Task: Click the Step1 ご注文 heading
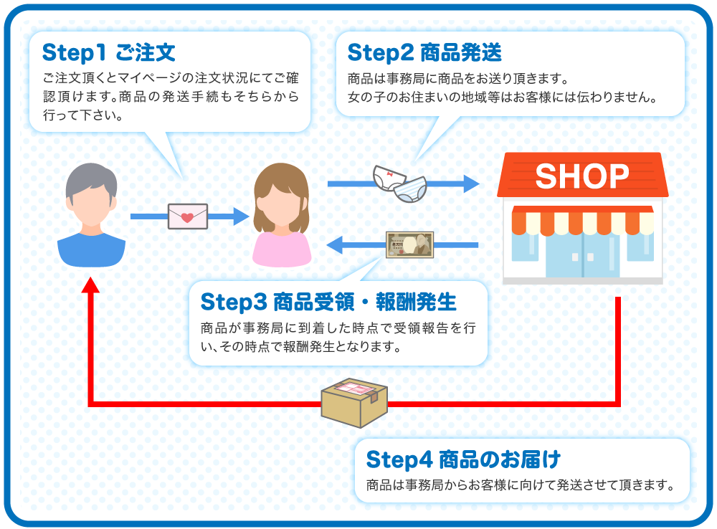(x=108, y=52)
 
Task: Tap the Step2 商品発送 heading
(x=424, y=53)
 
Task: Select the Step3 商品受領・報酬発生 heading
(x=328, y=302)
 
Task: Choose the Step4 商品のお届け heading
(x=462, y=458)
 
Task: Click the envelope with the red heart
(x=187, y=216)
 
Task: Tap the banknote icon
(x=409, y=244)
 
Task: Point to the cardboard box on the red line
(x=354, y=402)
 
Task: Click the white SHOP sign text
(x=581, y=176)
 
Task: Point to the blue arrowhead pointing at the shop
(x=470, y=184)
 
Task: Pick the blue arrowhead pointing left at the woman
(x=335, y=246)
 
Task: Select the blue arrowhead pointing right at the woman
(x=239, y=216)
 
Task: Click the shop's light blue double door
(x=581, y=254)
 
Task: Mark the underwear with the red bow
(x=389, y=177)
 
